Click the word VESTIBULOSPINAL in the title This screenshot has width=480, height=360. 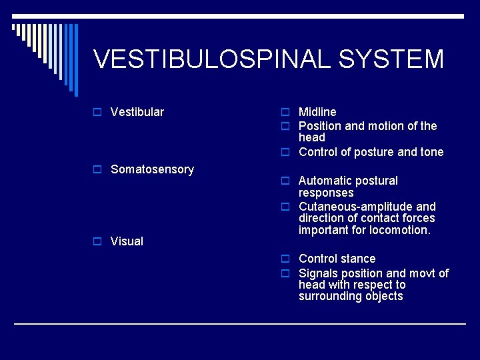pos(213,59)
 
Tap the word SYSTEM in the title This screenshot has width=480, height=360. pos(391,59)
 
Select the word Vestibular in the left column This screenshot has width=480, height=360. pos(137,112)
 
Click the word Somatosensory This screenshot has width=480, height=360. pos(152,169)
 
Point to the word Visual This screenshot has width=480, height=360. pos(127,241)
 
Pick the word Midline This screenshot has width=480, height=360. pos(317,112)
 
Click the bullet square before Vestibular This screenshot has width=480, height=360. pos(97,112)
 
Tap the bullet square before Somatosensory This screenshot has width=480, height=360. pos(97,170)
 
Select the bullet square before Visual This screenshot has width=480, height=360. pos(97,241)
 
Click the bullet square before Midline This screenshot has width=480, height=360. pos(285,112)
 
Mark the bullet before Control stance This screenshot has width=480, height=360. pos(285,259)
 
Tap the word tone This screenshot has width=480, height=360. pos(431,152)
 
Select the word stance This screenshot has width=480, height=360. pos(358,259)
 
